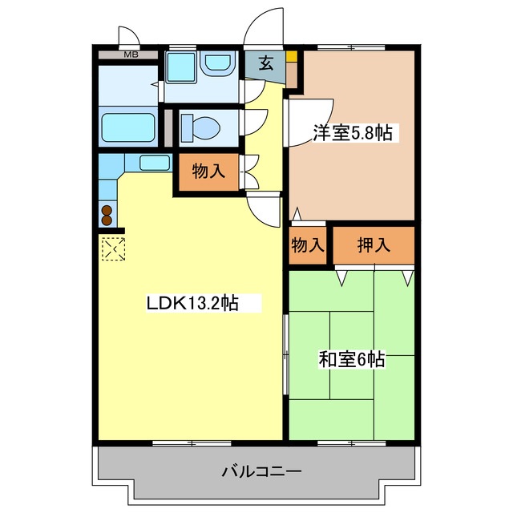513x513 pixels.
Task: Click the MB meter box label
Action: point(131,55)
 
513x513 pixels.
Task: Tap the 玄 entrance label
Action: point(266,63)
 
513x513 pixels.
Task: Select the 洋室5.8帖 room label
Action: point(353,132)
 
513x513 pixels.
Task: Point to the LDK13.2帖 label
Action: point(192,303)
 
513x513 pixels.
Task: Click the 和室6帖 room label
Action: point(352,359)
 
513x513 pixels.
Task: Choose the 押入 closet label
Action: point(374,244)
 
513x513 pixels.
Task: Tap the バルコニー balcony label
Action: point(261,471)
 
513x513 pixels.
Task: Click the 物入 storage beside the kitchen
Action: point(208,171)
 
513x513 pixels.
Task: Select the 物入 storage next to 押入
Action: point(308,244)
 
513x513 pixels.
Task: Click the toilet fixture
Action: point(200,128)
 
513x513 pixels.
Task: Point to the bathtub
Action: point(128,127)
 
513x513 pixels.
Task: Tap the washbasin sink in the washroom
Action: point(218,63)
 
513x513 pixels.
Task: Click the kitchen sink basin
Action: point(155,163)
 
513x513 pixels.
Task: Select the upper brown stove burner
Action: point(107,210)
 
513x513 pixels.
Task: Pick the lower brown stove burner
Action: point(107,220)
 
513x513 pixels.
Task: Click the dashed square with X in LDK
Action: point(114,249)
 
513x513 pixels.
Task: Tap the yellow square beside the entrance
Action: point(292,56)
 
